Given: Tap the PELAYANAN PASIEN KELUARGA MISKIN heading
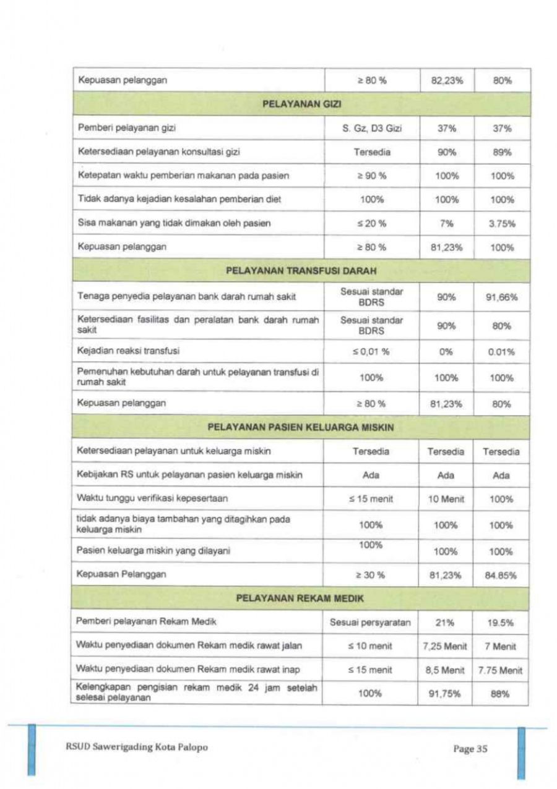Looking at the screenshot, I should (301, 427).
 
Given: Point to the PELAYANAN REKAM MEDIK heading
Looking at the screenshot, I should (300, 598).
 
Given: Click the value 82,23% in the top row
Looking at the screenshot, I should (446, 80).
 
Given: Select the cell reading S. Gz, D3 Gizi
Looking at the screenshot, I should (372, 129).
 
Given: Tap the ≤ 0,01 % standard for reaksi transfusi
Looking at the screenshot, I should (372, 351).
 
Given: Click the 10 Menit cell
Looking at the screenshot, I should (446, 499).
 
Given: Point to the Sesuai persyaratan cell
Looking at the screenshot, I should (371, 622).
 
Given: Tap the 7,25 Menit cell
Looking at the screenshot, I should (446, 646).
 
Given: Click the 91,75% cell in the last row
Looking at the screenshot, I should (446, 694).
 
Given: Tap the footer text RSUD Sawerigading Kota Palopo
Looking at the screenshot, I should (136, 748).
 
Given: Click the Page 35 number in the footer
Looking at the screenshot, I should (470, 749).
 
